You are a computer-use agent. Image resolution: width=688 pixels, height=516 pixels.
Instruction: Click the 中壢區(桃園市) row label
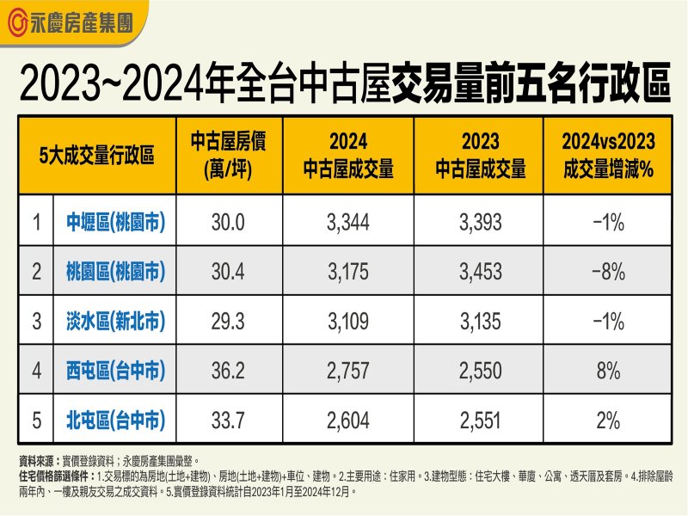pyautogui.click(x=115, y=223)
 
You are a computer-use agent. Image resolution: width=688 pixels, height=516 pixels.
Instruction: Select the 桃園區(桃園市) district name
pyautogui.click(x=115, y=273)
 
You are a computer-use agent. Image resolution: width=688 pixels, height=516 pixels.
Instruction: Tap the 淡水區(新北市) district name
pyautogui.click(x=115, y=322)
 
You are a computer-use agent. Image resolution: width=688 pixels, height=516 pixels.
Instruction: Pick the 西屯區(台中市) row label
pyautogui.click(x=115, y=372)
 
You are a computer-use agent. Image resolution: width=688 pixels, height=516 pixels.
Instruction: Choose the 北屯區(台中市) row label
pyautogui.click(x=115, y=421)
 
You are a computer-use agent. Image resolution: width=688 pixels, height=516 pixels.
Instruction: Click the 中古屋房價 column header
pyautogui.click(x=229, y=156)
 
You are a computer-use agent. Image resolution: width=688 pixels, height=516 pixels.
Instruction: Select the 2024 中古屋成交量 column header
pyautogui.click(x=347, y=156)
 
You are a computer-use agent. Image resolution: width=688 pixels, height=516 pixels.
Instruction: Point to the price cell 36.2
pyautogui.click(x=229, y=372)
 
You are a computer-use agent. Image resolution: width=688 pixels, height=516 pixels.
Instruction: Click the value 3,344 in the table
pyautogui.click(x=347, y=223)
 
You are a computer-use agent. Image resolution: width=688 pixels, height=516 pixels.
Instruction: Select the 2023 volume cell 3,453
pyautogui.click(x=479, y=273)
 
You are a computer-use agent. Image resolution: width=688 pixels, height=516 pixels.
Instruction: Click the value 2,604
pyautogui.click(x=347, y=421)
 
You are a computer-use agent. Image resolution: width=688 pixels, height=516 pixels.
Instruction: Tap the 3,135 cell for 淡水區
pyautogui.click(x=479, y=322)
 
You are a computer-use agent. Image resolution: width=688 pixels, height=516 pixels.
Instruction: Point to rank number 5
pyautogui.click(x=36, y=421)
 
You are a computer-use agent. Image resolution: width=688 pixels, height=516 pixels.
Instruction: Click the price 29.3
pyautogui.click(x=229, y=322)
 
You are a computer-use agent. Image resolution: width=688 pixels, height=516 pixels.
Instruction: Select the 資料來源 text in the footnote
pyautogui.click(x=38, y=462)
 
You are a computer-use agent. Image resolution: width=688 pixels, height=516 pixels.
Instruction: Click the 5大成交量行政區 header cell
pyautogui.click(x=97, y=156)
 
